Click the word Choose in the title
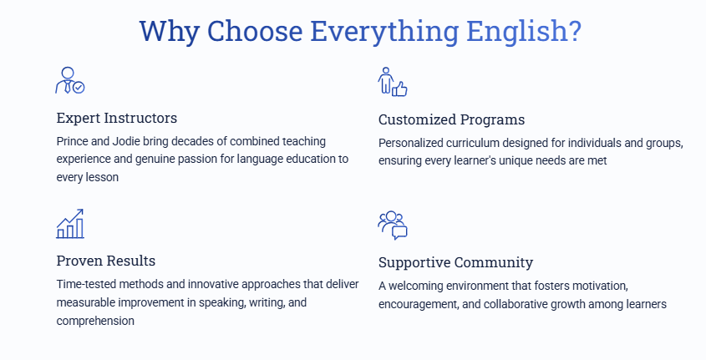254,31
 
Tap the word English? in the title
524,32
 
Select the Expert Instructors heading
117,118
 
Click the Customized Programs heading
452,119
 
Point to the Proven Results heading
106,261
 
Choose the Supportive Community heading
455,262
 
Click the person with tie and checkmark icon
70,80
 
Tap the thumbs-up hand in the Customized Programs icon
400,89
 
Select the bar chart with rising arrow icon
70,224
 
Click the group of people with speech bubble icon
393,225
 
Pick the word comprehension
95,321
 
